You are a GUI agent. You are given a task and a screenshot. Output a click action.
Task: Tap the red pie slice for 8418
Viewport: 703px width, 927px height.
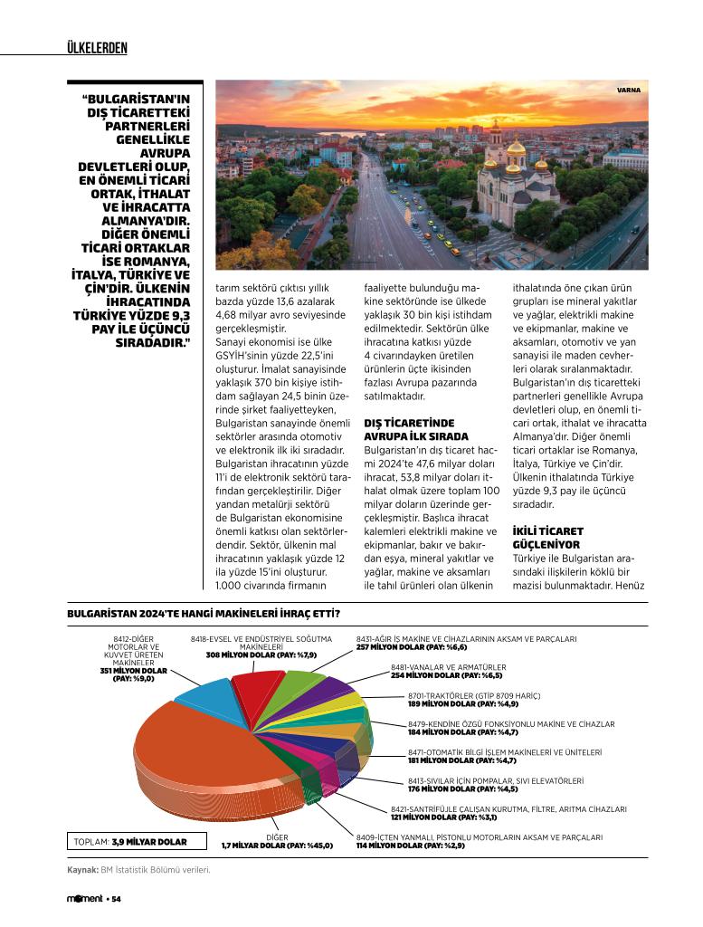pos(257,688)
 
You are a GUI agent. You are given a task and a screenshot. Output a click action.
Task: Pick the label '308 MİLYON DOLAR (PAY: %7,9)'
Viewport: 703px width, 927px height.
pos(261,655)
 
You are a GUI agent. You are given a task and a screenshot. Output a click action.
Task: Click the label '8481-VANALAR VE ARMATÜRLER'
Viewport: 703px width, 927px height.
pos(448,667)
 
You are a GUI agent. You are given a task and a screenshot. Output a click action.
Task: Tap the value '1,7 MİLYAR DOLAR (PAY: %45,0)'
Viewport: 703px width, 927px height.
pos(277,846)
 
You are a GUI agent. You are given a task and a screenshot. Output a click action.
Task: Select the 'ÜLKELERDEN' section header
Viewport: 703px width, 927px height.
pos(97,47)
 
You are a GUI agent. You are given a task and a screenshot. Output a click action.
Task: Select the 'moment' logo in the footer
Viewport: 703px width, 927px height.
pos(85,899)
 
